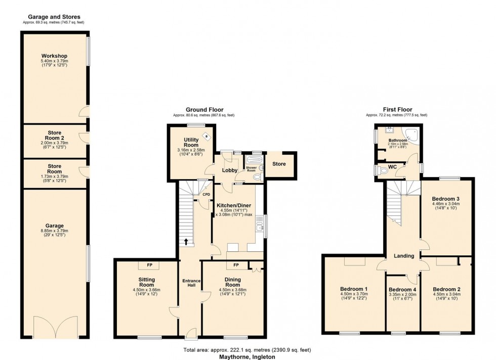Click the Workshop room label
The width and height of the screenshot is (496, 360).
55,56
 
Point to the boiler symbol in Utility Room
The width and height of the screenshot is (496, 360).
206,135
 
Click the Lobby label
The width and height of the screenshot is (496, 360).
229,170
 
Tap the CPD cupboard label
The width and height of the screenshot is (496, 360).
206,194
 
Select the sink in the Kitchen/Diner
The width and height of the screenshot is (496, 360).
260,224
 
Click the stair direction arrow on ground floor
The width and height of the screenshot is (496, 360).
186,242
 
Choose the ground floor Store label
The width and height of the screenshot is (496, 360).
279,164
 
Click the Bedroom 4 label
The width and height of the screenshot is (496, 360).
403,290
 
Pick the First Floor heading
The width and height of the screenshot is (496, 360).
398,109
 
